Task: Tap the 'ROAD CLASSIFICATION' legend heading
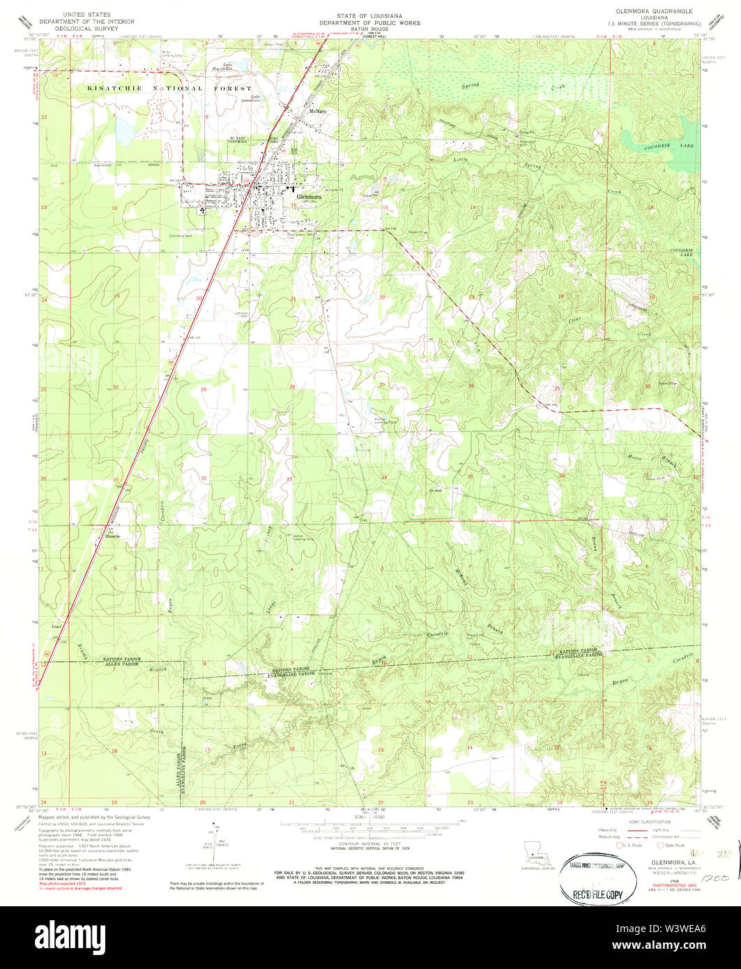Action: [648, 822]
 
